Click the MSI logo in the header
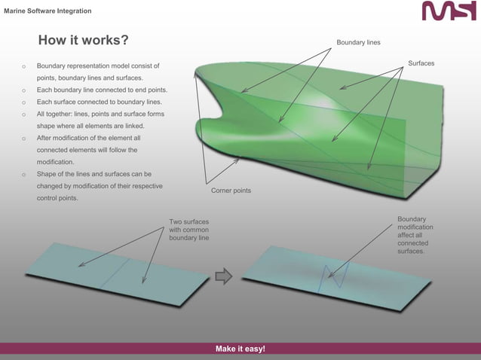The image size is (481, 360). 449,11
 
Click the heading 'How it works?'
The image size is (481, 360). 83,40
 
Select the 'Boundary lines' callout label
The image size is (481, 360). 358,42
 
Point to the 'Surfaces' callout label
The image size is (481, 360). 421,63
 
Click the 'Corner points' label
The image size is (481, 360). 231,191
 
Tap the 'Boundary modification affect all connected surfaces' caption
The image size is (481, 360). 413,235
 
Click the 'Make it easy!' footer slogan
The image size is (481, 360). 240,349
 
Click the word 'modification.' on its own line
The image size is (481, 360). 56,162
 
